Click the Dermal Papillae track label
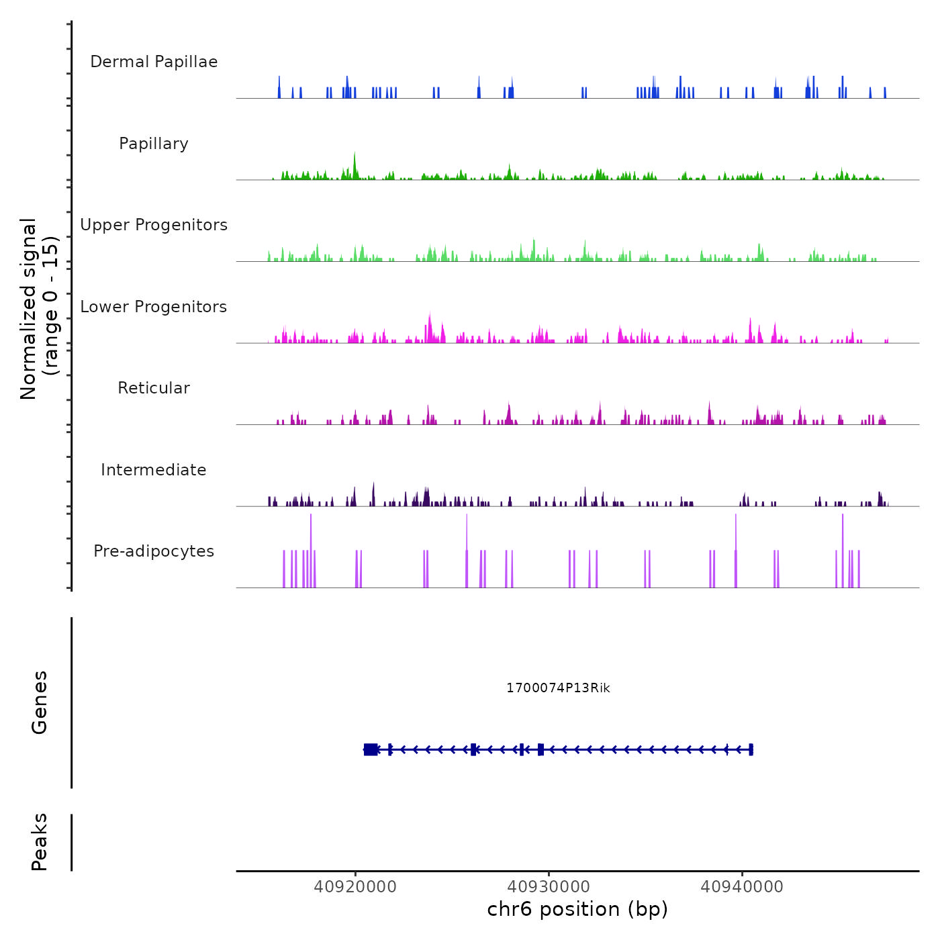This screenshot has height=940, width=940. (x=154, y=62)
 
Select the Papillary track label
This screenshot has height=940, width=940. (x=154, y=144)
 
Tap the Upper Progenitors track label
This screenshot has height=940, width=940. (x=154, y=225)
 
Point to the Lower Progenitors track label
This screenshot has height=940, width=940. (x=154, y=307)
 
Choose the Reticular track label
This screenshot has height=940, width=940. (x=154, y=388)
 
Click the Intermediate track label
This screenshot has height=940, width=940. (x=154, y=470)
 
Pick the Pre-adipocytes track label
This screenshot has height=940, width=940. (x=154, y=551)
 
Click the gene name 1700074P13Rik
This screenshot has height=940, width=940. (x=558, y=688)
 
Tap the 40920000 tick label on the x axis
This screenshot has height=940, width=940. (x=355, y=887)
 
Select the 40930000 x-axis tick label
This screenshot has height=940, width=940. (x=549, y=887)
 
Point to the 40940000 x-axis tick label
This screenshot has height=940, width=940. (x=742, y=887)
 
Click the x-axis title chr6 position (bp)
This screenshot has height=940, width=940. (x=577, y=910)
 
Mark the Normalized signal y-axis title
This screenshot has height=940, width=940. (x=39, y=309)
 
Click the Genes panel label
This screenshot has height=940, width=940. (x=40, y=702)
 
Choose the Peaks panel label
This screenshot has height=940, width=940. (x=40, y=842)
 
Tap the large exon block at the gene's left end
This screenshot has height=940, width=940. (x=371, y=749)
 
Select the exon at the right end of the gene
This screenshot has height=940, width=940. (x=751, y=749)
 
